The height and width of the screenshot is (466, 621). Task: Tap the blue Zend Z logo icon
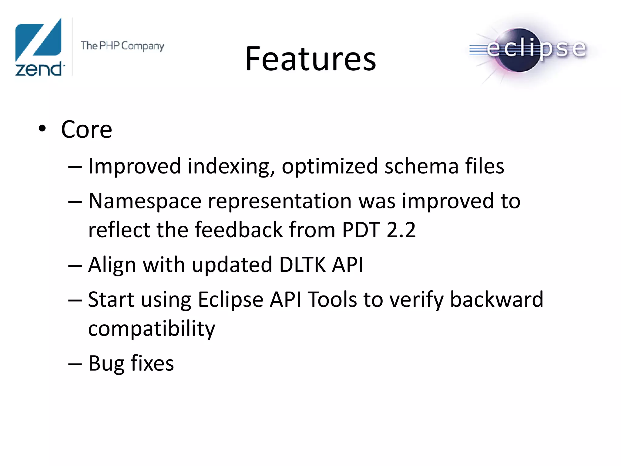point(39,39)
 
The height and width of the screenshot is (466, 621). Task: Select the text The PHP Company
point(122,46)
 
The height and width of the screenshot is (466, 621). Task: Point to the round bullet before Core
point(42,129)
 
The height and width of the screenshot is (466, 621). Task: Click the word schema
point(421,166)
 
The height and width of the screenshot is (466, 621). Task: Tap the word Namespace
point(145,201)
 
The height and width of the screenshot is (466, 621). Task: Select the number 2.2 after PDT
point(401,230)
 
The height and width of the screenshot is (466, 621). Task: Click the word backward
point(496,300)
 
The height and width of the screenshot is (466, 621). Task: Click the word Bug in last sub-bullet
point(106,363)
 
